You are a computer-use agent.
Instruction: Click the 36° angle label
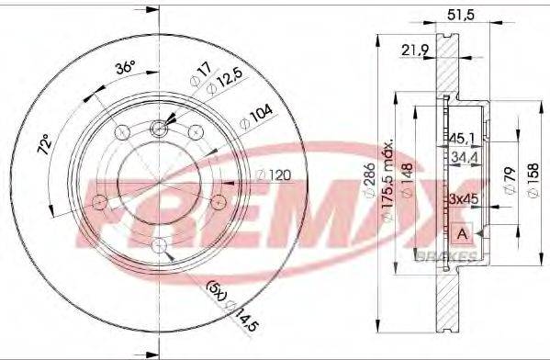coord(124,68)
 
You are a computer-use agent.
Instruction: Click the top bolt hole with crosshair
coord(161,129)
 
